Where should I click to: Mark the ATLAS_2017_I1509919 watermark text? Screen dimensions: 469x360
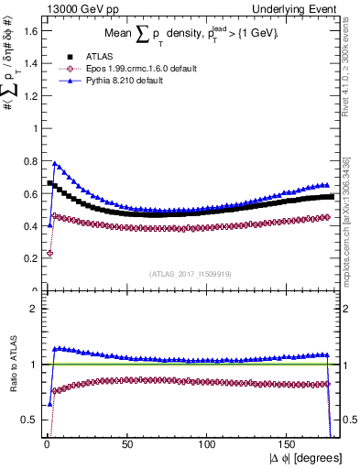click(x=191, y=273)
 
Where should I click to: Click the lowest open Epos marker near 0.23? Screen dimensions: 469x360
click(x=49, y=253)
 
